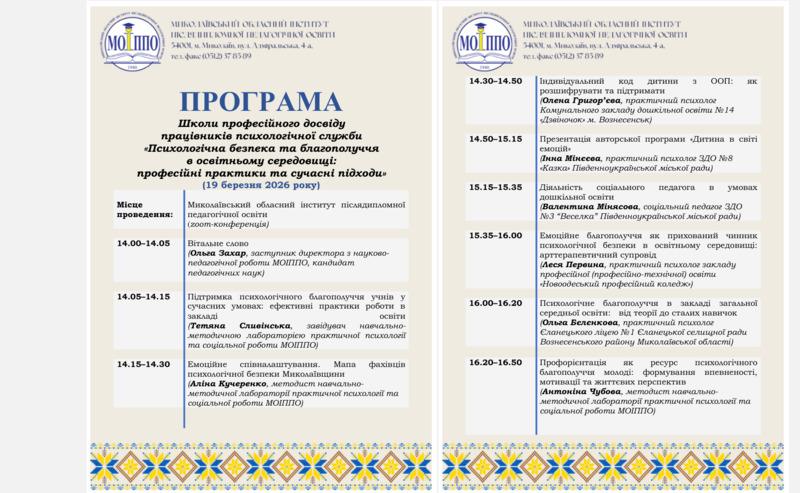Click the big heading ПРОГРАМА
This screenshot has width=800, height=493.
[x=260, y=101]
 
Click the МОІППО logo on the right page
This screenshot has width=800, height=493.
[x=485, y=41]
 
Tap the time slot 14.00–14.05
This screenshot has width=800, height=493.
[x=143, y=243]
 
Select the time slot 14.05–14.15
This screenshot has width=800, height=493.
[x=143, y=296]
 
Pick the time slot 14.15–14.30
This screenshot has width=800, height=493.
[x=143, y=364]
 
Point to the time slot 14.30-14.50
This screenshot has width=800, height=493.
[x=496, y=81]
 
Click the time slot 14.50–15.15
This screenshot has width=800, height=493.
[x=496, y=138]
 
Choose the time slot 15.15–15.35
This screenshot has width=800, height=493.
[x=496, y=187]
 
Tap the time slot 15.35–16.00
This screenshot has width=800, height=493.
[x=496, y=235]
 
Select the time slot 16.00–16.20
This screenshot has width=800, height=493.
[x=496, y=302]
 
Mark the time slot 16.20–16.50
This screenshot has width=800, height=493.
[x=496, y=362]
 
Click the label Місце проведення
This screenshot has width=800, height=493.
[x=138, y=208]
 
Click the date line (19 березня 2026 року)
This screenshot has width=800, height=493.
[x=260, y=186]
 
